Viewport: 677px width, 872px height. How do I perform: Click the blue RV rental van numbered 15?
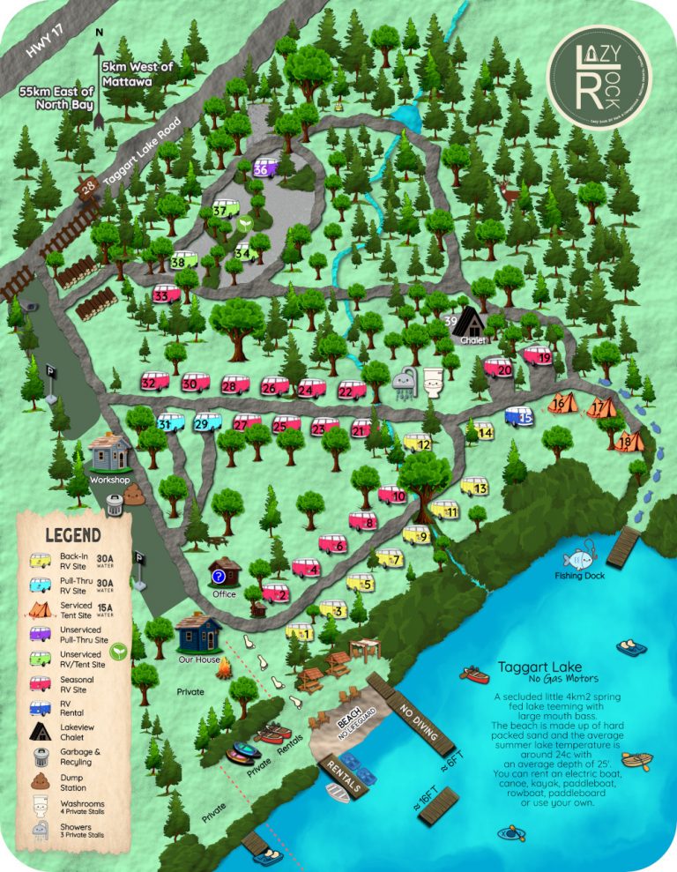point(520,416)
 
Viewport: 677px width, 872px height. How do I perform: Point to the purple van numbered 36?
point(265,168)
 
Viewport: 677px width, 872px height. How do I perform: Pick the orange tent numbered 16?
point(561,404)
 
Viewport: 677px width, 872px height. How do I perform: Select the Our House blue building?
point(197,632)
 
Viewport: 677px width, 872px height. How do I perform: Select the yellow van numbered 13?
point(473,487)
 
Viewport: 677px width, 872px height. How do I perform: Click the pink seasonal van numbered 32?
point(155,382)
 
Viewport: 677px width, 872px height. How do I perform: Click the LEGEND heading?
point(72,535)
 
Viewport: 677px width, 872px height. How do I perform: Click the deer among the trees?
point(510,189)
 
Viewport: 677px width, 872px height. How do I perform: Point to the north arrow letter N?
point(100,34)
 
